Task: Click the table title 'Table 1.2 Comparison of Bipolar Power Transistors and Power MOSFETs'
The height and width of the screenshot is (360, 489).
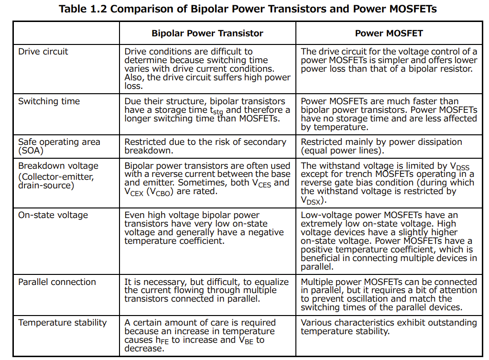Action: (247, 9)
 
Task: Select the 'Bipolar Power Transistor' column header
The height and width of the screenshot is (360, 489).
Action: (207, 33)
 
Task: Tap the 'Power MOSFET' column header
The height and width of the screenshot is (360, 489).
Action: (389, 33)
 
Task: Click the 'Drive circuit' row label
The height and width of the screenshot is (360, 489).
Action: (43, 52)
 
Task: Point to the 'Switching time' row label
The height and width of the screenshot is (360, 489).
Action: (49, 101)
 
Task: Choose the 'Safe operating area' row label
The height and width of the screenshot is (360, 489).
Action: (59, 142)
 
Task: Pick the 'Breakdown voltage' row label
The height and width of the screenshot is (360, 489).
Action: (58, 166)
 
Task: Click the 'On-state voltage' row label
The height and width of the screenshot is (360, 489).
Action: (53, 215)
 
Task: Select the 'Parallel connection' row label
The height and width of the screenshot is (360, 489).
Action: (57, 282)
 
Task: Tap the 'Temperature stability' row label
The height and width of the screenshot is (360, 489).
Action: (63, 323)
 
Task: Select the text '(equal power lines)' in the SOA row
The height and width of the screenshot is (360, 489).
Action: (341, 151)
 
